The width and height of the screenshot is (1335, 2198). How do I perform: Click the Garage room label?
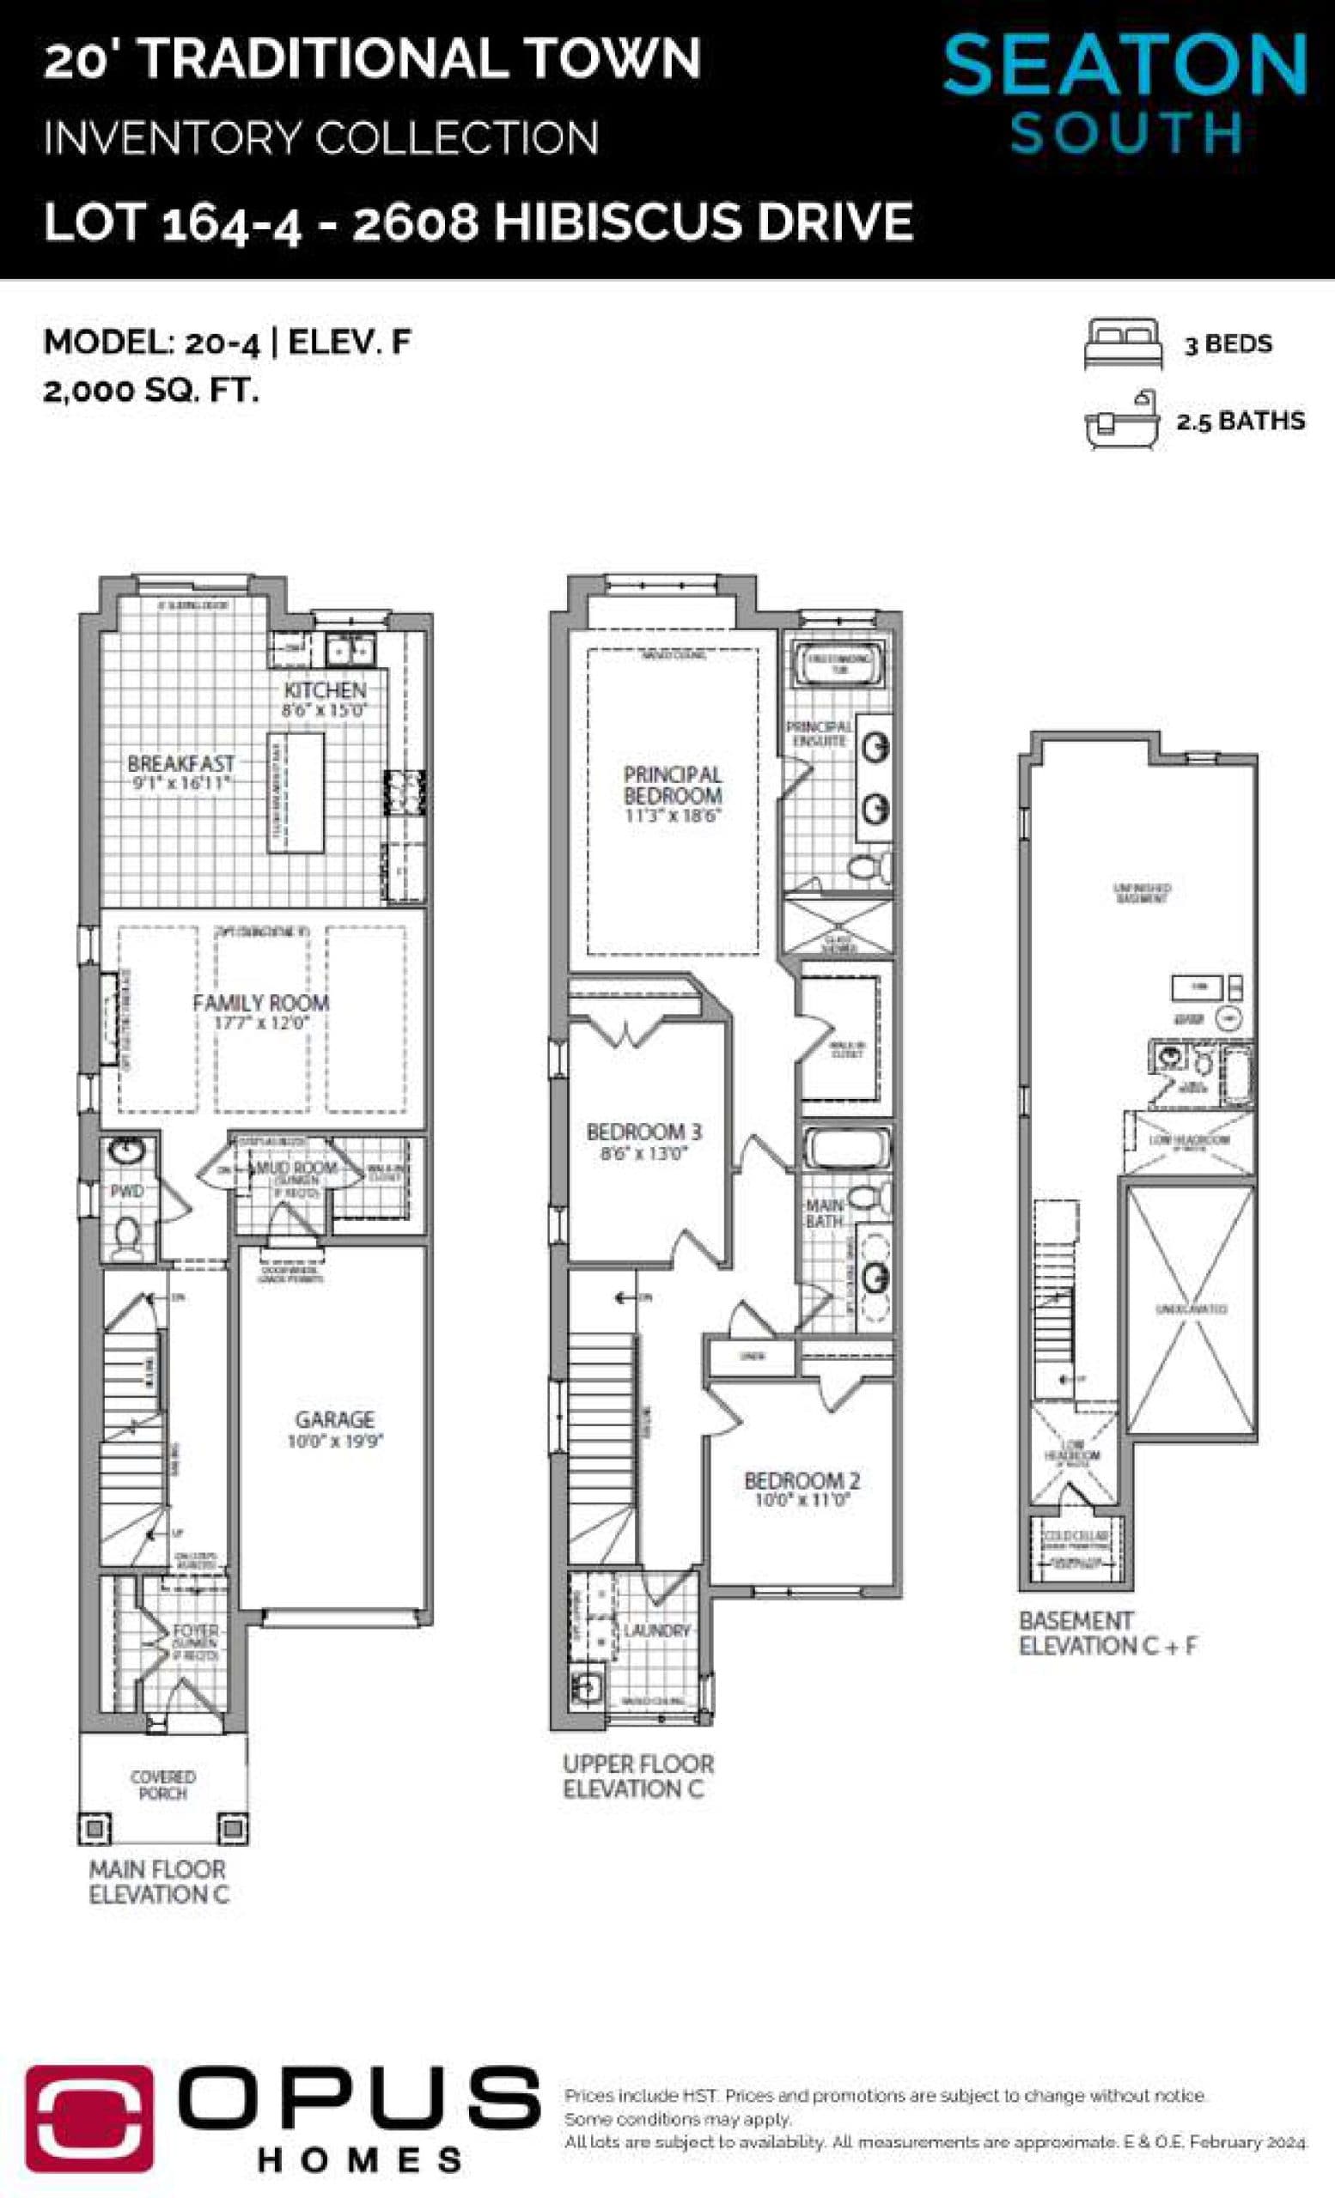tap(335, 1418)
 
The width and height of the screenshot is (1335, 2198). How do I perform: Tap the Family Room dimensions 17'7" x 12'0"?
tap(260, 1023)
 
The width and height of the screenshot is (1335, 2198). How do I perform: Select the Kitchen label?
tap(325, 689)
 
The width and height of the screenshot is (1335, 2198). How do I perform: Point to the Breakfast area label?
tap(180, 763)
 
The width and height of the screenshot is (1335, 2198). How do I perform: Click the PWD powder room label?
tap(125, 1191)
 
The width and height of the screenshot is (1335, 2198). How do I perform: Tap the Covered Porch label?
tap(162, 1784)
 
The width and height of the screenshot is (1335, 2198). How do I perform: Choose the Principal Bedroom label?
tap(672, 785)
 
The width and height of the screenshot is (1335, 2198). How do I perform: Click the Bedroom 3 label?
tap(643, 1132)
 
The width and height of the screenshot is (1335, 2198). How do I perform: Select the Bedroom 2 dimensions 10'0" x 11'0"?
tap(802, 1501)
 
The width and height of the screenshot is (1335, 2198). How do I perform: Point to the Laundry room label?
tap(657, 1630)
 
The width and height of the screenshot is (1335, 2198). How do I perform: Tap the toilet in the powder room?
tap(127, 1236)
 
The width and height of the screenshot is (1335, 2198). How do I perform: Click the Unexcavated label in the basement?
tap(1192, 1308)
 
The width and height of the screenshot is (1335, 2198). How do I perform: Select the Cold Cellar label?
tap(1076, 1535)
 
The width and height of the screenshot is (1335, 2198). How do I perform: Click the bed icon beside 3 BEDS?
tap(1123, 343)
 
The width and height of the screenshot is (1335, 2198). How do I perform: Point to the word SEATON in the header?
tap(1125, 64)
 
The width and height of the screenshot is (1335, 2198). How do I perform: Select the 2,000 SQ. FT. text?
tap(151, 391)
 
